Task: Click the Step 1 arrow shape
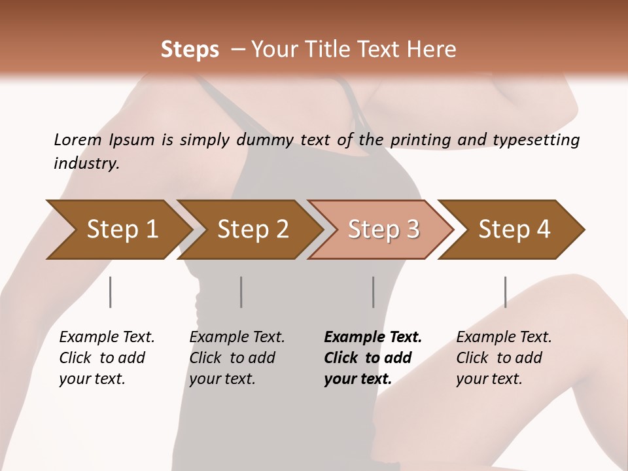[118, 230]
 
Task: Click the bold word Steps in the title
[190, 50]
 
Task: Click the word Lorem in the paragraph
[78, 139]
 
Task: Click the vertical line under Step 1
[111, 292]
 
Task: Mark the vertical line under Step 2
[241, 292]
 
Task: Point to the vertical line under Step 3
[374, 292]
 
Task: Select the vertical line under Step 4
[506, 292]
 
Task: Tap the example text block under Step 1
[107, 358]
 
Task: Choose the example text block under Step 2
[237, 358]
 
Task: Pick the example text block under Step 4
[504, 358]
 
